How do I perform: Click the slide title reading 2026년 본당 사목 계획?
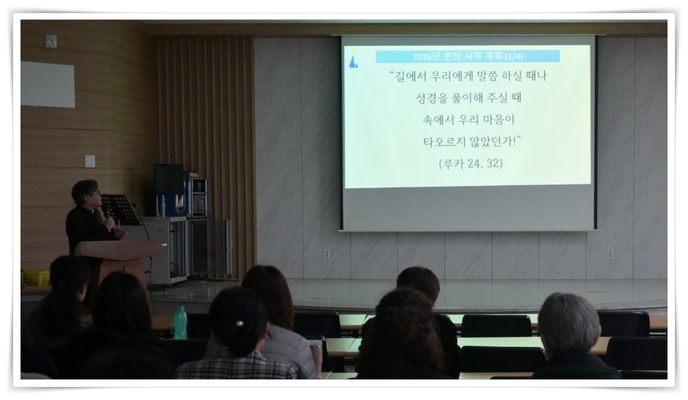pyautogui.click(x=467, y=56)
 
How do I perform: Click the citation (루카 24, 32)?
pyautogui.click(x=470, y=163)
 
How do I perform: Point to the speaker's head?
pyautogui.click(x=85, y=192)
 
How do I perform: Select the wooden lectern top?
pyautogui.click(x=119, y=248)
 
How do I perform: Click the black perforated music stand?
pyautogui.click(x=120, y=208)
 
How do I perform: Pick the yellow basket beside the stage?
pyautogui.click(x=36, y=278)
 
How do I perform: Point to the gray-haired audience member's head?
pyautogui.click(x=568, y=323)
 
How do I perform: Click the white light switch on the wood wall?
pyautogui.click(x=90, y=161)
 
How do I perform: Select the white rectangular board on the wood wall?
pyautogui.click(x=48, y=84)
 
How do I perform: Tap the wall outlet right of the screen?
pyautogui.click(x=609, y=254)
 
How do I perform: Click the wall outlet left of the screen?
pyautogui.click(x=327, y=254)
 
